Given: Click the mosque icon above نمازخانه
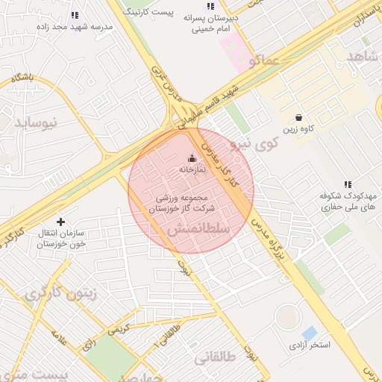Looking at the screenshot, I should [x=192, y=158].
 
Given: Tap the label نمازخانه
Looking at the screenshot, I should [x=192, y=170].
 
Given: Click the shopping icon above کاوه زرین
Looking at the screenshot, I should [x=298, y=117].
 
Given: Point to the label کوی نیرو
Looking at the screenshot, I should [x=254, y=142].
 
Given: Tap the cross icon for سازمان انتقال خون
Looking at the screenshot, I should [x=60, y=221].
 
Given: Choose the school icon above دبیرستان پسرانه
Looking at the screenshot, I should [x=210, y=6].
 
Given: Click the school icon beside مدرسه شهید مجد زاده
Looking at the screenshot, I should [x=74, y=14].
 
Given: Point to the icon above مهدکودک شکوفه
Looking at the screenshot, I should [x=347, y=184].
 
